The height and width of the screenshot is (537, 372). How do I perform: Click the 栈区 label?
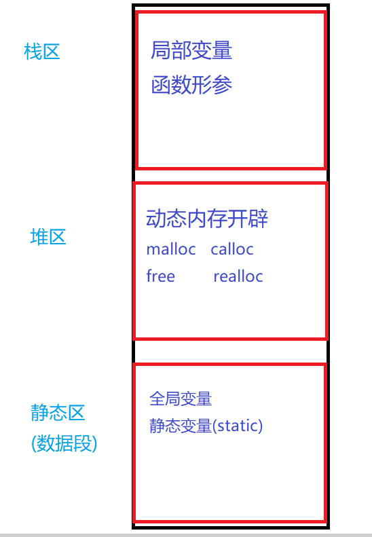42,52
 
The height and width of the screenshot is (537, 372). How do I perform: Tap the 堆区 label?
48,237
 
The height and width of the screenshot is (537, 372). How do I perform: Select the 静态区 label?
58,412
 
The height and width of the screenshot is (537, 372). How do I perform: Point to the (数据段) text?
64,443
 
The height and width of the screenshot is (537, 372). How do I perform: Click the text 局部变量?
191,50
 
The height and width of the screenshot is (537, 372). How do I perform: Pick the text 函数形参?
191,85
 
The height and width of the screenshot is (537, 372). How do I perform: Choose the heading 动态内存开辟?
207,219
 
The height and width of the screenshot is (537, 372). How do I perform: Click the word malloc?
171,249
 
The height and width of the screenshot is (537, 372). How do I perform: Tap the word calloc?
232,249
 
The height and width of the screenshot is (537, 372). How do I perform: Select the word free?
161,276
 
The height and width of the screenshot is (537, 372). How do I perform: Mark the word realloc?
238,276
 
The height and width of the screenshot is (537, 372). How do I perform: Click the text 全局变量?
181,399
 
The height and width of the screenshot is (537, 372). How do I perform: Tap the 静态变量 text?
181,426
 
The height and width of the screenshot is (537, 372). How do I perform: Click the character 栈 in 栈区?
33,52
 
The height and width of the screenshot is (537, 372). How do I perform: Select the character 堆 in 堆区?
39,237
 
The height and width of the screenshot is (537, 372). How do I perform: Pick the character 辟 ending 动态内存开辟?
258,219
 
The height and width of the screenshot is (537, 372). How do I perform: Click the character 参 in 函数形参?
222,85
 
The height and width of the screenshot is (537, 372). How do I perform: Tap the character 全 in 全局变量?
157,399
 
